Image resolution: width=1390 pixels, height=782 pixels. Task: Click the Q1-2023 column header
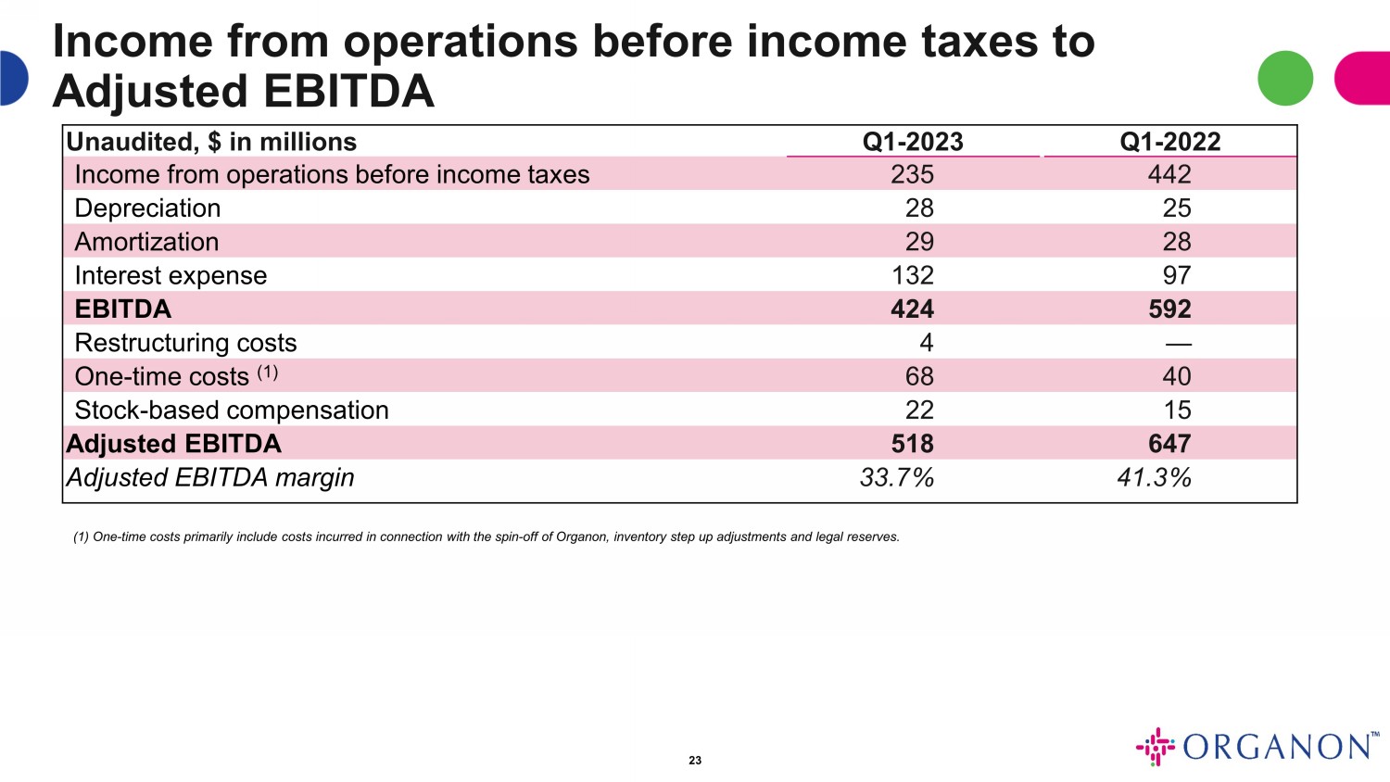click(x=913, y=142)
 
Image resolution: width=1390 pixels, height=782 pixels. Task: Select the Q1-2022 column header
click(x=1169, y=142)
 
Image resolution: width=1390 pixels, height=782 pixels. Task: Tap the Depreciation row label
click(x=147, y=208)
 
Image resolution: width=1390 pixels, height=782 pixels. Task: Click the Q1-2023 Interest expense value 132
click(x=912, y=275)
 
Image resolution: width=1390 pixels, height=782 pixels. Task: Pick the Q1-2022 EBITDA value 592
click(x=1169, y=309)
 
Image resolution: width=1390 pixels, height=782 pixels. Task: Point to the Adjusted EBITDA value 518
click(x=912, y=444)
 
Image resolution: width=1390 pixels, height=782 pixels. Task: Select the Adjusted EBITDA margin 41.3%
click(x=1154, y=478)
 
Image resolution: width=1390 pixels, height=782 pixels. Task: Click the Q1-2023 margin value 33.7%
click(x=896, y=478)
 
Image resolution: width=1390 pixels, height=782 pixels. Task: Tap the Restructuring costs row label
click(x=185, y=343)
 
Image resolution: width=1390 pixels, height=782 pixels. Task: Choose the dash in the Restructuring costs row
click(x=1178, y=344)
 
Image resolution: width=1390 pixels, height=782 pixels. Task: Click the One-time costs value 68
click(x=919, y=377)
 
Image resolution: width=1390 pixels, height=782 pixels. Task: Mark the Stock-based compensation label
click(x=232, y=410)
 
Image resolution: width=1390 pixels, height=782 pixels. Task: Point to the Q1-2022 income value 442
click(x=1169, y=175)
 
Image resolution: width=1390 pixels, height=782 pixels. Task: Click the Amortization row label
click(x=146, y=242)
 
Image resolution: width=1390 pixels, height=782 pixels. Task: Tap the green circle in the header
click(x=1285, y=78)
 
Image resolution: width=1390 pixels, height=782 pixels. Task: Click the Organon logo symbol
click(x=1155, y=747)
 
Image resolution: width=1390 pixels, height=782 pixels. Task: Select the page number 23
click(x=695, y=761)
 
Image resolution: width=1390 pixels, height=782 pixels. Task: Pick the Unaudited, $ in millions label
click(x=211, y=142)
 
